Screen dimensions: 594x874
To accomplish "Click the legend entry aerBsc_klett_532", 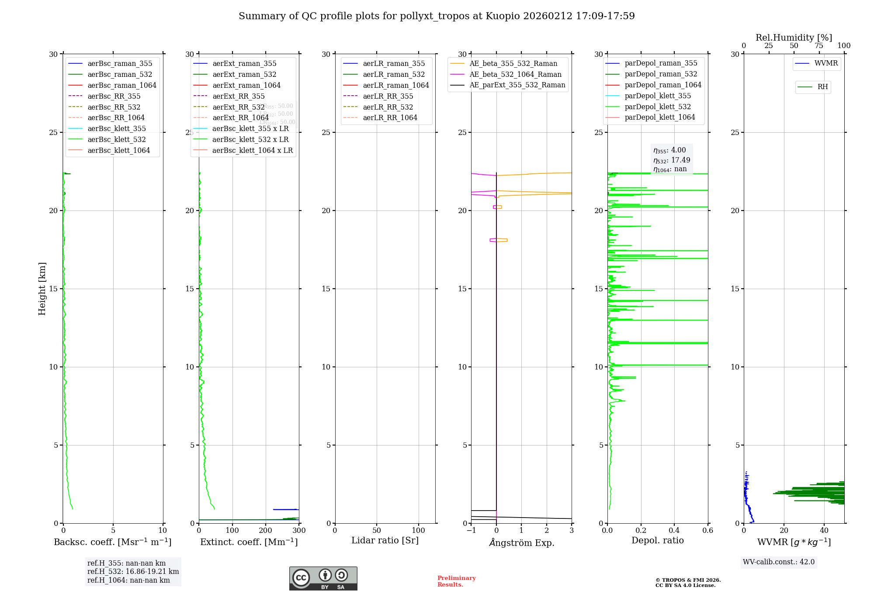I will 117,139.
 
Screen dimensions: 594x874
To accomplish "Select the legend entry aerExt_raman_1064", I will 246,85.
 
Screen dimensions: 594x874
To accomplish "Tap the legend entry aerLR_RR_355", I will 388,96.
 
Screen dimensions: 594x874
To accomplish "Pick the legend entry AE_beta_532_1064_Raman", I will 515,74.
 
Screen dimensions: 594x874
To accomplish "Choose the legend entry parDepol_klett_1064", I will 659,117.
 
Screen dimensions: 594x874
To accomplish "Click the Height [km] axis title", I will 42,288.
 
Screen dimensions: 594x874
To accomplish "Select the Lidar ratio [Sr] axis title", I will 385,540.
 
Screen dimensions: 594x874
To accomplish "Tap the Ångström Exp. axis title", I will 521,542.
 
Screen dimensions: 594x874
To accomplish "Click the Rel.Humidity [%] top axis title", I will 794,38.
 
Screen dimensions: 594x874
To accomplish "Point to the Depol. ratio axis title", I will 657,540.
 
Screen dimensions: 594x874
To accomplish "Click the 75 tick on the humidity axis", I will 819,46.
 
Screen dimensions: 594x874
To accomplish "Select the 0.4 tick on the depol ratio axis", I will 674,530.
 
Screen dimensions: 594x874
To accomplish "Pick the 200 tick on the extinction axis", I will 266,530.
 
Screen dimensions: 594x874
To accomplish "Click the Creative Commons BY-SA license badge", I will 323,578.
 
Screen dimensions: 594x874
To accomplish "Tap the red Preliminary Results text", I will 456,581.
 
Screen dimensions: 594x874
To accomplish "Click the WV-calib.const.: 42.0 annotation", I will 779,562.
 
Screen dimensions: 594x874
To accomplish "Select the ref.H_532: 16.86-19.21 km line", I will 133,571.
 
